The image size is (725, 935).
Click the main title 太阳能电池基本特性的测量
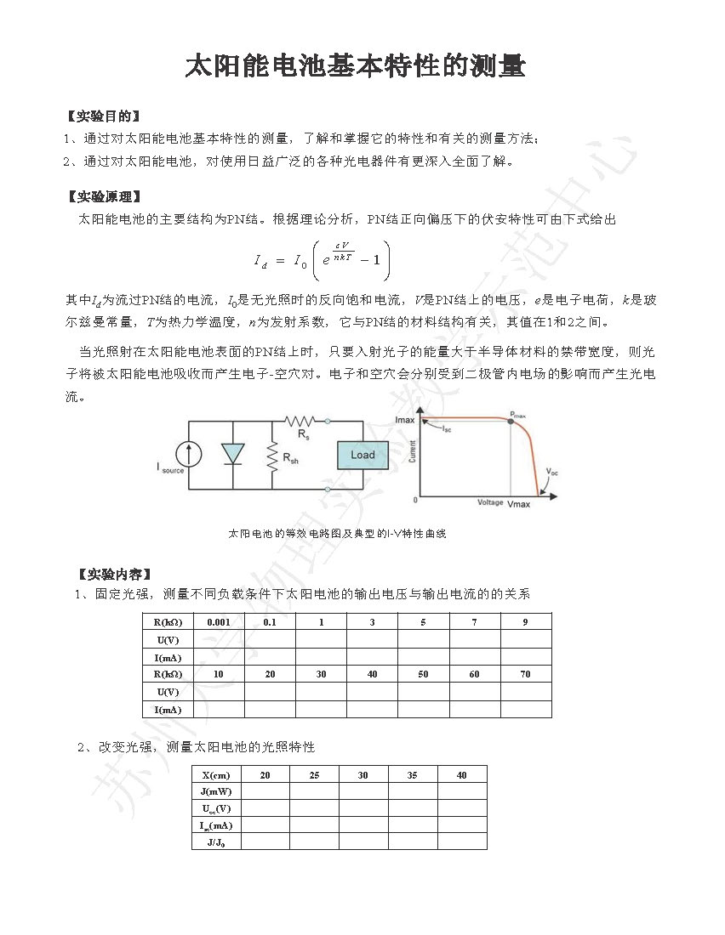pos(356,67)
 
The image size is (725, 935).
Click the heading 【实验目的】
pos(103,116)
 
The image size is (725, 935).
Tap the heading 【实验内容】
pos(114,574)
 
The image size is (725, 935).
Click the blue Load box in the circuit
pos(362,455)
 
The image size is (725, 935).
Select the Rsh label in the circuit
pos(290,459)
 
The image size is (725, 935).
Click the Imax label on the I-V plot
pos(406,420)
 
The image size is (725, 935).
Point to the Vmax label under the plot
pos(518,504)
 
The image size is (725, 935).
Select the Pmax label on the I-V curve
pos(517,415)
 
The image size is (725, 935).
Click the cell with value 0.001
pos(219,621)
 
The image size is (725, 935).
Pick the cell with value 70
pos(525,673)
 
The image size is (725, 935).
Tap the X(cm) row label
pos(216,774)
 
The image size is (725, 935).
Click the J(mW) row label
pos(216,791)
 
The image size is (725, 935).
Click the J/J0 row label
pos(216,841)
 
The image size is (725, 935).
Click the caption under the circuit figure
pos(337,534)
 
